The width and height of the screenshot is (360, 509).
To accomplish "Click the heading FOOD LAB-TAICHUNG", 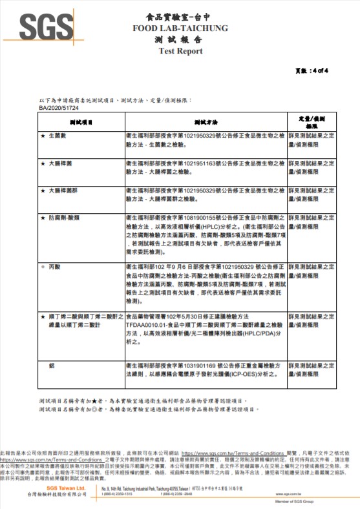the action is tap(180, 29).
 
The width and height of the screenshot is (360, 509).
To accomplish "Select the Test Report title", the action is tap(180, 51).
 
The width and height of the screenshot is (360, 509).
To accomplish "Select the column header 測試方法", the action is tap(206, 121).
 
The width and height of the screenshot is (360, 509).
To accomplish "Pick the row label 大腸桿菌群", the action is tap(64, 191).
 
